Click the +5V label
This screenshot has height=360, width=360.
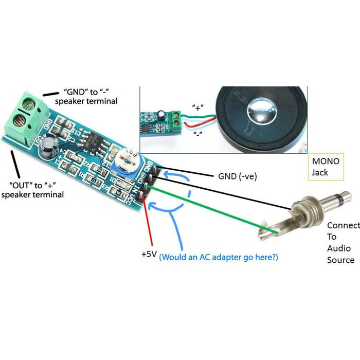point(149,254)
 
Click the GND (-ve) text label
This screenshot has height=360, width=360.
point(233,176)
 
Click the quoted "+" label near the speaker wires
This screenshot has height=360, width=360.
point(197,108)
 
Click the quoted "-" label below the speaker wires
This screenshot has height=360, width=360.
point(197,134)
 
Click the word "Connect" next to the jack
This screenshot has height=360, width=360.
point(343,226)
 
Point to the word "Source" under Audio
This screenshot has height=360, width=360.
point(340,260)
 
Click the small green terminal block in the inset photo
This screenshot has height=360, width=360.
point(176,118)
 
